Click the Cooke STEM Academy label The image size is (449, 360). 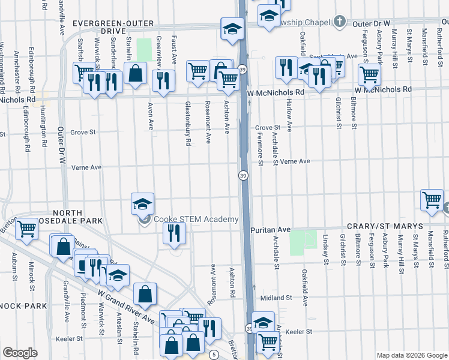[196, 220]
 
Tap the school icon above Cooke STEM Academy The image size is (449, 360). [143, 205]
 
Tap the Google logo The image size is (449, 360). [20, 353]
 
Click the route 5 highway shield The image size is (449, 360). [214, 355]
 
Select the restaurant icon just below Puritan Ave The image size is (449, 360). [173, 233]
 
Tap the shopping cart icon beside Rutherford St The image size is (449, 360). [432, 202]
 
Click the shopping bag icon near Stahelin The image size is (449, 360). [137, 73]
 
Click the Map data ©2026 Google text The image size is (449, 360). [411, 354]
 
